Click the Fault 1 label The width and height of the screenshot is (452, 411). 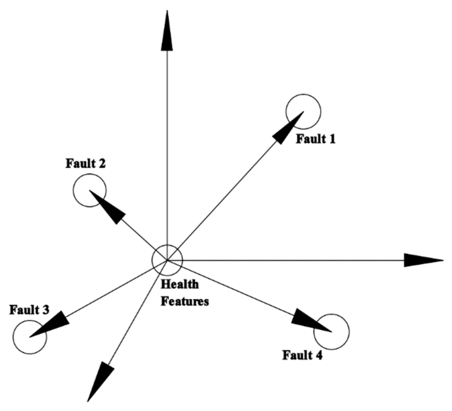315,139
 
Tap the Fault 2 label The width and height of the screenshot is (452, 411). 85,164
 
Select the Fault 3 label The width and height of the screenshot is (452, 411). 29,310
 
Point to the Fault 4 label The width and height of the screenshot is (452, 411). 302,355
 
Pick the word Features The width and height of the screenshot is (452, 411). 185,301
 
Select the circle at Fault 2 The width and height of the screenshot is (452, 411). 90,190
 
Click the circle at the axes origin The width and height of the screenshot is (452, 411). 167,260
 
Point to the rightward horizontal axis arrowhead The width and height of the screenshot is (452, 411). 424,260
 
